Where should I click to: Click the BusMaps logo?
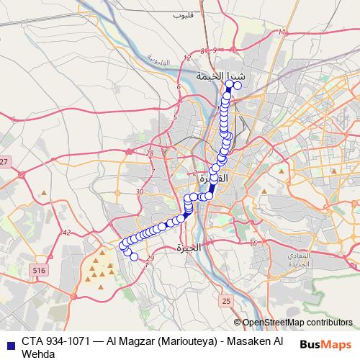click(325, 343)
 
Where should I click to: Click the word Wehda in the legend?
click(38, 353)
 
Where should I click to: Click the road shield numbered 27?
click(4, 162)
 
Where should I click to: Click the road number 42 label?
click(66, 233)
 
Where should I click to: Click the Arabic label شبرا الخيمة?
click(221, 75)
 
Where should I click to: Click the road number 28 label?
click(149, 153)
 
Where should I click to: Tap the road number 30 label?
click(140, 192)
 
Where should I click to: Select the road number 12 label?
click(189, 58)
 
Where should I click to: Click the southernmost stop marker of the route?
click(134, 256)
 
